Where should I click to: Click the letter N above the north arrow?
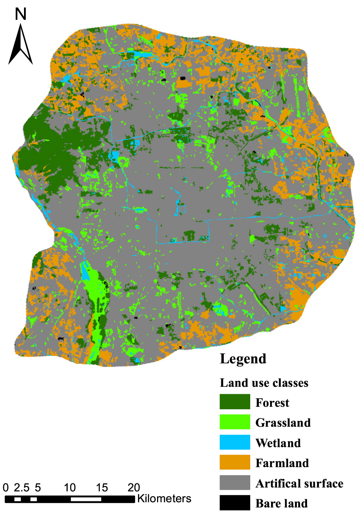[21, 14]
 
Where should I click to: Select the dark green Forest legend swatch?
[235, 402]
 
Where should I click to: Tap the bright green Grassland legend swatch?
[235, 422]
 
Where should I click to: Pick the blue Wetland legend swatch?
[235, 442]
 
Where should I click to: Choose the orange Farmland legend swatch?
[235, 463]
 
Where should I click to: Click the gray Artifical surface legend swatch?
[235, 483]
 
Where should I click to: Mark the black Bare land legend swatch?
[235, 503]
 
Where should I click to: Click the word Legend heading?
[243, 359]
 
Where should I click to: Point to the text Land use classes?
[264, 383]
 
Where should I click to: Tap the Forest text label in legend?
[272, 403]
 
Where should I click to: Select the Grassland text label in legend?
[283, 423]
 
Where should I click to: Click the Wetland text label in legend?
[278, 443]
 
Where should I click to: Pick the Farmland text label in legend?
[282, 463]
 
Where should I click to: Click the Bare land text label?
[281, 503]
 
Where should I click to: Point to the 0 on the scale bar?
[6, 488]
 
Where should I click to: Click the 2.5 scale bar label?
[22, 488]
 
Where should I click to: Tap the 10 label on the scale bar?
[70, 488]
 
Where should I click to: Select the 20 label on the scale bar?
[134, 488]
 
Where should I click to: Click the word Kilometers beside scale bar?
[164, 499]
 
